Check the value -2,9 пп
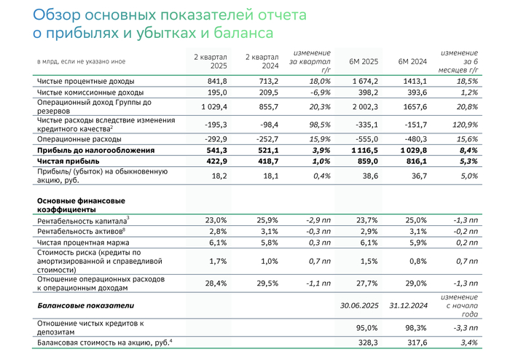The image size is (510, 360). pyautogui.click(x=316, y=219)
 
